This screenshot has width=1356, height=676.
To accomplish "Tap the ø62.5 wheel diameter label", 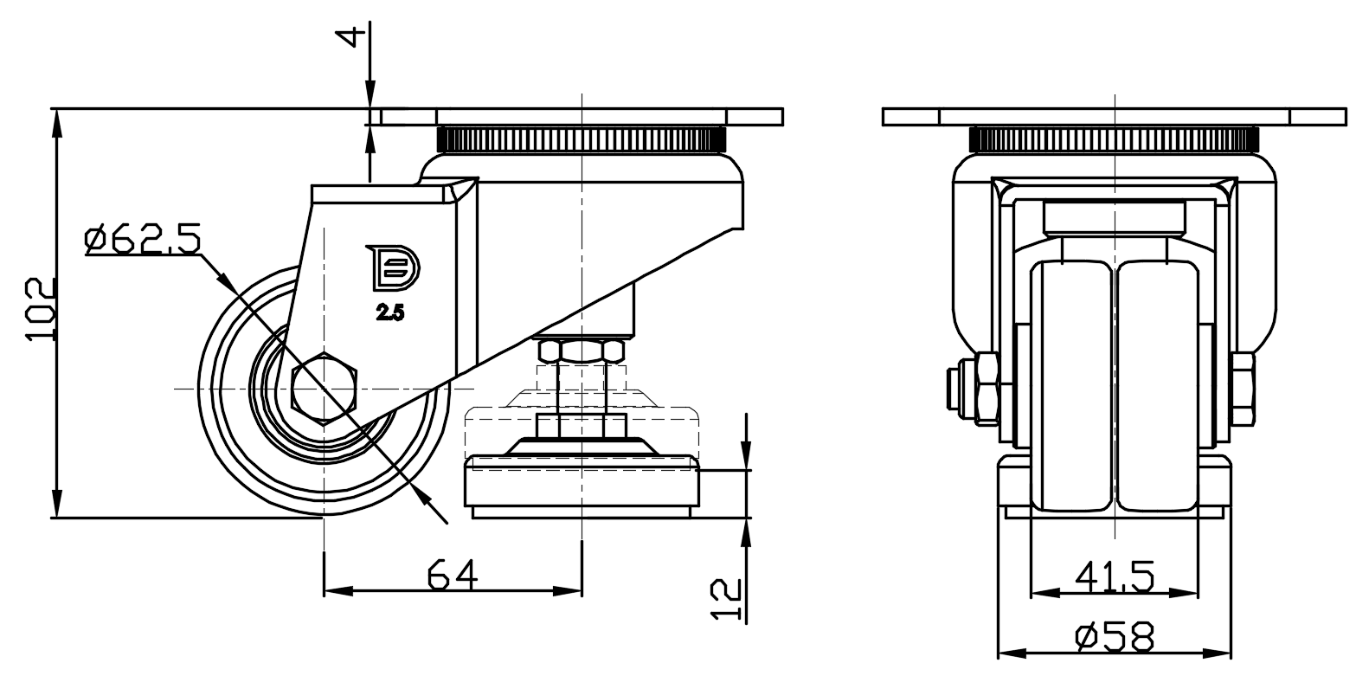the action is point(142,240).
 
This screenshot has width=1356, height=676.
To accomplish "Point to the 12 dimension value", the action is point(726,600).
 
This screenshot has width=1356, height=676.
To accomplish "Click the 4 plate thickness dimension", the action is point(355,35).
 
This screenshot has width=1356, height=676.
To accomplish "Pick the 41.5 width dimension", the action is point(1115,576).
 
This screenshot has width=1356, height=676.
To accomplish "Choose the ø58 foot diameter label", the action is point(1115,637).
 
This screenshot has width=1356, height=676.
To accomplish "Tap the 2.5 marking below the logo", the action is point(390,312).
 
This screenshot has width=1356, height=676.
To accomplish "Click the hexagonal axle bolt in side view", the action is point(325,389).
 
